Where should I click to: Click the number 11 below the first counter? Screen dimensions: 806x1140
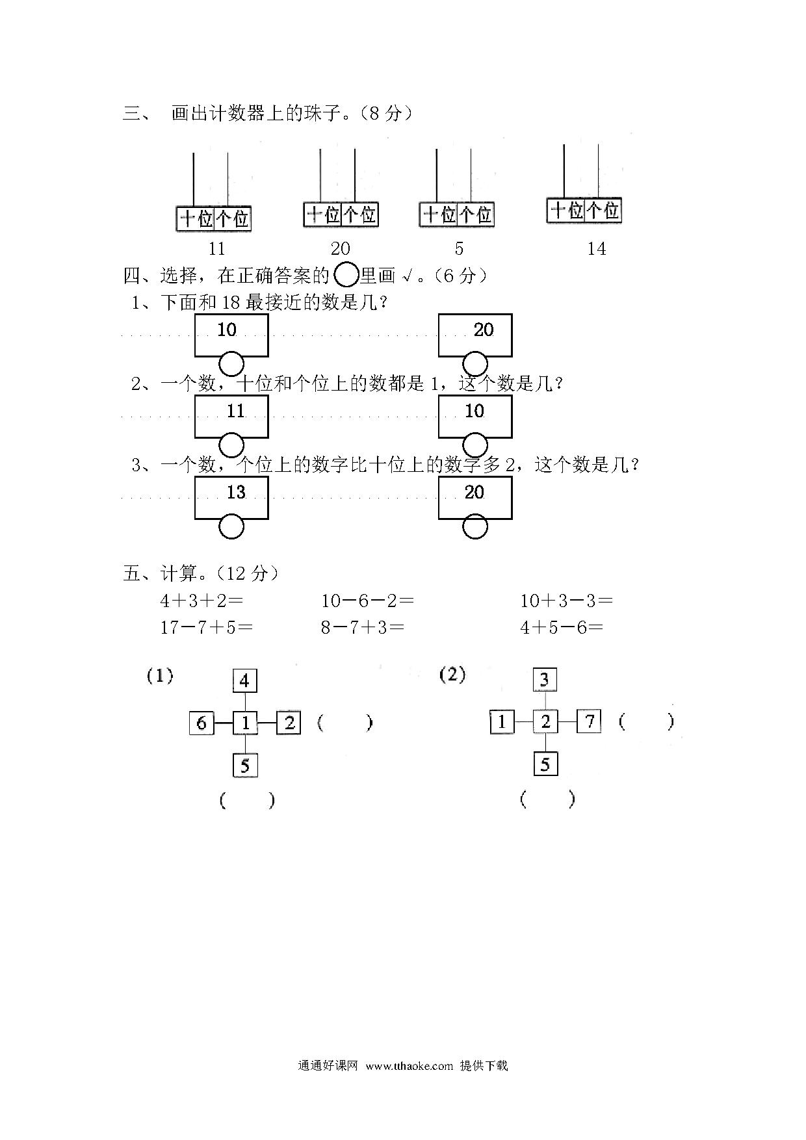216,248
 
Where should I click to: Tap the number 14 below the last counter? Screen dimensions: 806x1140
596,248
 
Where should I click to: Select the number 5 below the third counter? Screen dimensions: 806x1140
459,248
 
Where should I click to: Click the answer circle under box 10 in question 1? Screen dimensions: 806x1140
231,364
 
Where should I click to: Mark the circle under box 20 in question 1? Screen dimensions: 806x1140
475,364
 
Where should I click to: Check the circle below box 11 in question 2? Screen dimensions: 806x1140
231,445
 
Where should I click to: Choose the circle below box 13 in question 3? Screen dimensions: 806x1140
231,526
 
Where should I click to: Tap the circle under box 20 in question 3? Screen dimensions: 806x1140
475,526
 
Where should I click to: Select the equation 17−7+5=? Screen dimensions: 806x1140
207,627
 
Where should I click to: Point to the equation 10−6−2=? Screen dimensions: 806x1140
367,601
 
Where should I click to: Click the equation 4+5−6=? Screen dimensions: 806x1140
562,627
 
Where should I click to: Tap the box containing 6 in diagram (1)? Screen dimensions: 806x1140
201,723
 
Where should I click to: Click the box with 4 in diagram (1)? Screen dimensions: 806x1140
245,680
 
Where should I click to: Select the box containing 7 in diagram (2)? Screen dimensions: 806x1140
589,721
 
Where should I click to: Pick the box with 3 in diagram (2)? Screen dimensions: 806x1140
545,680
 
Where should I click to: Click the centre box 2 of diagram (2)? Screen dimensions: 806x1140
545,721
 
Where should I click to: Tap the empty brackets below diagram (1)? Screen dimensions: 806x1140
247,800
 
